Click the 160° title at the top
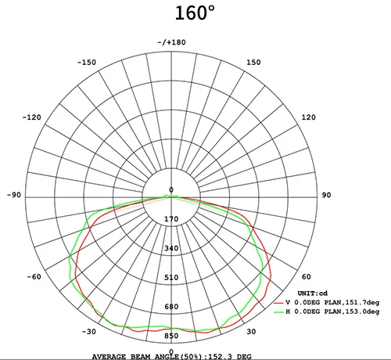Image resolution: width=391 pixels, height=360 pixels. (x=195, y=13)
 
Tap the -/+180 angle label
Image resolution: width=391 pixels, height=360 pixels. (x=171, y=42)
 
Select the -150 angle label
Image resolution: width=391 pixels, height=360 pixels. (x=87, y=63)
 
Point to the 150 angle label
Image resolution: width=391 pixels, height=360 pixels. (x=253, y=63)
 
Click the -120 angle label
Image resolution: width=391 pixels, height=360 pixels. (x=32, y=117)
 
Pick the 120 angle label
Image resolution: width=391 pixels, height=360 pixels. (x=309, y=117)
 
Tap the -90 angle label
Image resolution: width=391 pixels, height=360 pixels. (x=14, y=195)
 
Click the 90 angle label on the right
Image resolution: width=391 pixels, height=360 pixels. (x=326, y=195)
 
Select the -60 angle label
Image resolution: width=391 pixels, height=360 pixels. (x=34, y=276)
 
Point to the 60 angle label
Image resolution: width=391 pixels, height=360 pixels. (x=307, y=276)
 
